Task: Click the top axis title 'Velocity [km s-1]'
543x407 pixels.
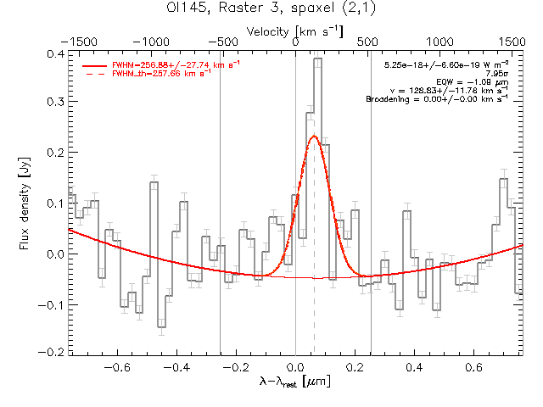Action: [295, 31]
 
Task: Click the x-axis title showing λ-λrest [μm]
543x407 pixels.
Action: [295, 382]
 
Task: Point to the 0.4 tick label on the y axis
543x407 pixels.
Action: [53, 54]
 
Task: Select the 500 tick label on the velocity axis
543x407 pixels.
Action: [368, 41]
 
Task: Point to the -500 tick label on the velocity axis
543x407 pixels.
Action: [221, 41]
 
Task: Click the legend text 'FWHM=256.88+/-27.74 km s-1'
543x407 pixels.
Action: [162, 64]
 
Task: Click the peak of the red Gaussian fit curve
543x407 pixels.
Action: [314, 136]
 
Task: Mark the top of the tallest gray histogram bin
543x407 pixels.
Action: [317, 59]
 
